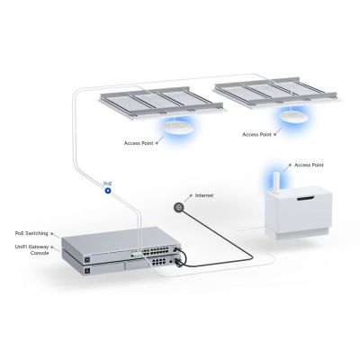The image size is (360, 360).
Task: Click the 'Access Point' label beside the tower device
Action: pyautogui.click(x=306, y=166)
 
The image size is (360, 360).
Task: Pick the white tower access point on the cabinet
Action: pyautogui.click(x=274, y=186)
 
